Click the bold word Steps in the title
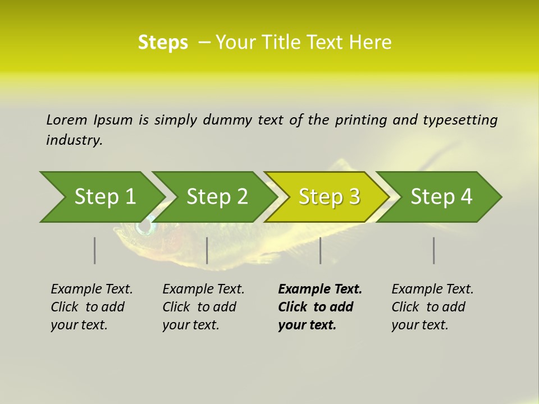tap(163, 43)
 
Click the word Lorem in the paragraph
tap(66, 120)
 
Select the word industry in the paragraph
tap(74, 140)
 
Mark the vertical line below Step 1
tap(95, 250)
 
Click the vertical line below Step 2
tap(207, 250)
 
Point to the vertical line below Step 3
tap(321, 250)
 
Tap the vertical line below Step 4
tap(434, 250)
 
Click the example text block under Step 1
tap(92, 307)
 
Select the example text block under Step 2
tap(203, 307)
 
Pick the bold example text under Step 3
tap(320, 307)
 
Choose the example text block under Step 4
tap(432, 307)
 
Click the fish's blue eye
tap(145, 227)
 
